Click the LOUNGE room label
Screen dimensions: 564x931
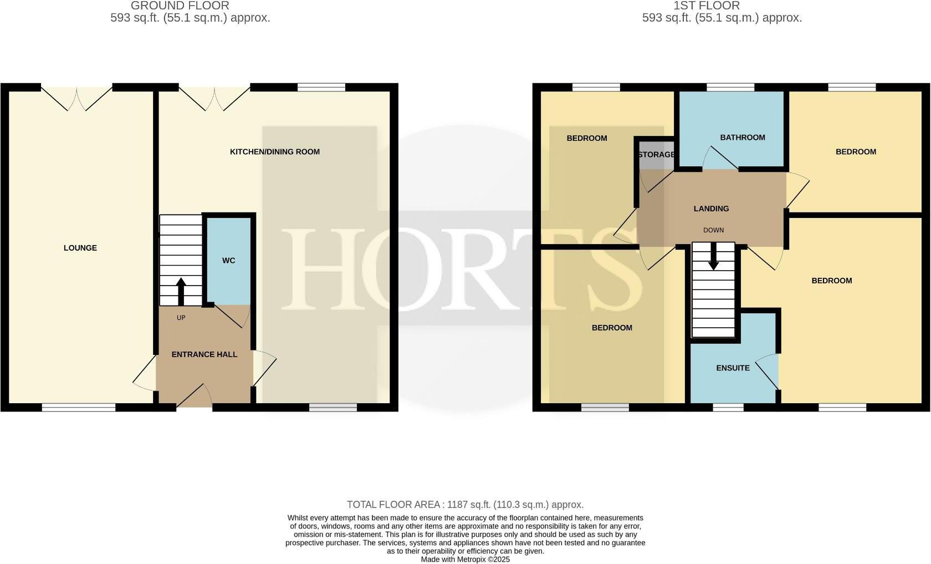tap(80, 248)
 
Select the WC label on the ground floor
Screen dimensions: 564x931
tap(228, 261)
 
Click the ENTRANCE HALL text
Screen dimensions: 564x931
tap(204, 354)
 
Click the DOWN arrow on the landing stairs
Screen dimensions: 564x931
tap(714, 257)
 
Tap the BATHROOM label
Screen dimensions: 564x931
tap(743, 138)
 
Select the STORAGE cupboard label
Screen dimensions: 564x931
tap(656, 155)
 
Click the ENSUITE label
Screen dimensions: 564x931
tap(733, 368)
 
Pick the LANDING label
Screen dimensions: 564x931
tap(711, 209)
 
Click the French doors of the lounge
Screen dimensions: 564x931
tap(77, 98)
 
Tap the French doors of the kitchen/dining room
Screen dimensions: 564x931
tap(214, 98)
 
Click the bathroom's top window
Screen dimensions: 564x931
tap(730, 87)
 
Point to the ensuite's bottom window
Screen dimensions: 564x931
tap(728, 408)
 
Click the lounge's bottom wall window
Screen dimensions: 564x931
tap(79, 408)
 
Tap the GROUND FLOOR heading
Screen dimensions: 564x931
tap(180, 6)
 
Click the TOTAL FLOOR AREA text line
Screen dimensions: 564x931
tap(465, 505)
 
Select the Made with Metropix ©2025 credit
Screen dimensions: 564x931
tap(465, 560)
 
